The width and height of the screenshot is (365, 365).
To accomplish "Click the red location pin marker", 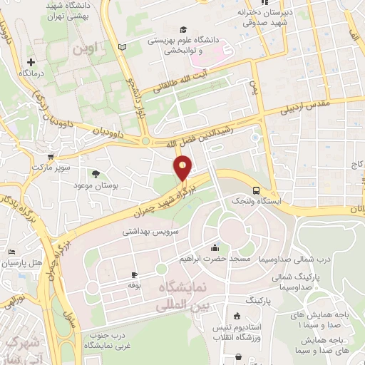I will (x=183, y=169).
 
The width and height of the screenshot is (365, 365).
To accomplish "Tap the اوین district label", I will (x=89, y=51).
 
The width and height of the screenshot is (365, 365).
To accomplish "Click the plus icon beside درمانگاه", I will (x=31, y=62).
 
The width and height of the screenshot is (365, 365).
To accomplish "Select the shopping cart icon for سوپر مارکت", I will (x=50, y=157).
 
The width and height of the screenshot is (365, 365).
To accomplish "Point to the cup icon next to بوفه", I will (x=133, y=274).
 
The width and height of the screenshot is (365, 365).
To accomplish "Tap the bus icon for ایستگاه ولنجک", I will (x=255, y=190).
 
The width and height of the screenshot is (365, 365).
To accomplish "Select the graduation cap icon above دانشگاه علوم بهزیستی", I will (x=184, y=30).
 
